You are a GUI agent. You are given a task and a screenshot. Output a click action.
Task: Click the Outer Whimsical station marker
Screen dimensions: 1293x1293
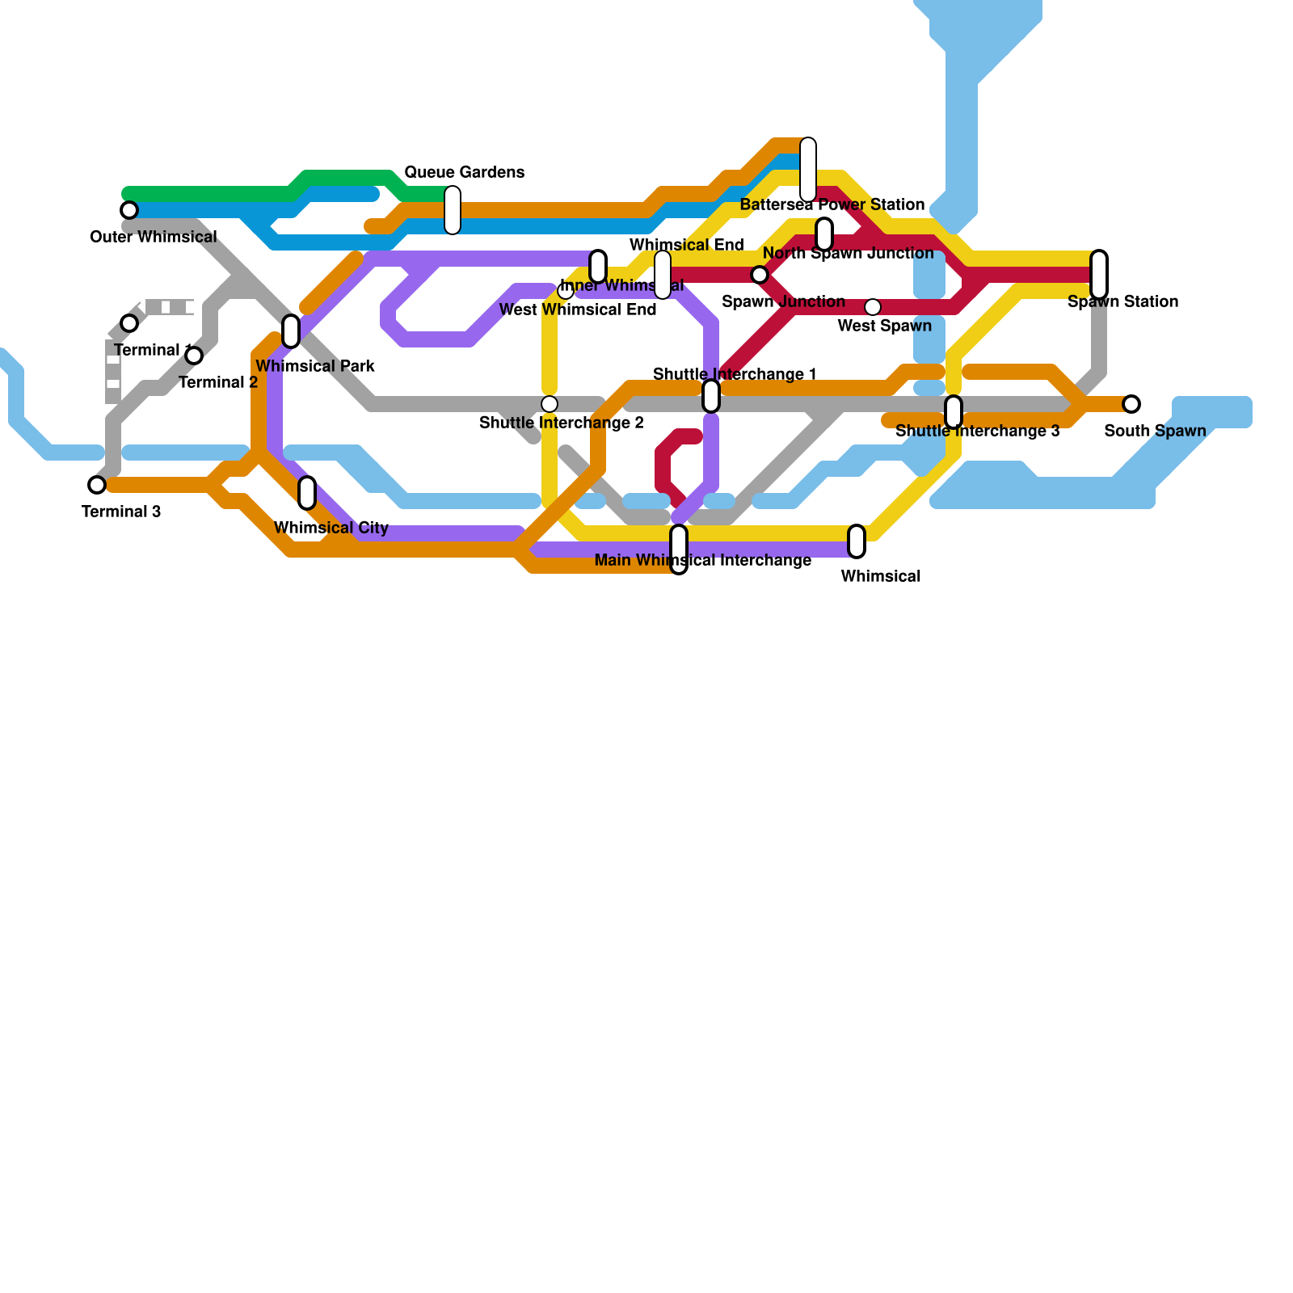tap(129, 210)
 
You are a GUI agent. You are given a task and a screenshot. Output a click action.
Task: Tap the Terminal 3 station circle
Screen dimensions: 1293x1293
tap(97, 485)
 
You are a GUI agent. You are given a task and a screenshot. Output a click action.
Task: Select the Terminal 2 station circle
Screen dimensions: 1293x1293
tap(194, 356)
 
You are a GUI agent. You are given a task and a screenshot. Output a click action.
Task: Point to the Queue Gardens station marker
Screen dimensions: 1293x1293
tap(453, 210)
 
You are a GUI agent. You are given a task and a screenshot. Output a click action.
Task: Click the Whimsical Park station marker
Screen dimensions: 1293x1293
tap(291, 331)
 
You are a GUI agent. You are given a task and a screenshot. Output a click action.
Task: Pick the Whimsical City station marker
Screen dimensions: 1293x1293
tap(307, 493)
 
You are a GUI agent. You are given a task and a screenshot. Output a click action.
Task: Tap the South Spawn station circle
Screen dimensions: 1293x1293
tap(1131, 404)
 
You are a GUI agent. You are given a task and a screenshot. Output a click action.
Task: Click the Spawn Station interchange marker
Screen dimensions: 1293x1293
tap(1099, 275)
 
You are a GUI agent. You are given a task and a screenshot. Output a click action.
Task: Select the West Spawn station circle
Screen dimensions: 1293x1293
tap(873, 307)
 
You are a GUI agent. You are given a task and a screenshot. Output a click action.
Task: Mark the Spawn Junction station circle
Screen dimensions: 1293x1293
tap(760, 275)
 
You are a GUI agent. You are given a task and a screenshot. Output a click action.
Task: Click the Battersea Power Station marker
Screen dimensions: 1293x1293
tap(808, 170)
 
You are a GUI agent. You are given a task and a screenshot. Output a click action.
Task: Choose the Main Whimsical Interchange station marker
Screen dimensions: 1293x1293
tap(679, 550)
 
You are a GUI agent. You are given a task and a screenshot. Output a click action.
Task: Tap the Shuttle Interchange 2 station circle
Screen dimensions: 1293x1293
tap(550, 404)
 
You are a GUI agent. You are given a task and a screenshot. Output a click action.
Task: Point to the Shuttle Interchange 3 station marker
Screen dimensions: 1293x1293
tap(954, 412)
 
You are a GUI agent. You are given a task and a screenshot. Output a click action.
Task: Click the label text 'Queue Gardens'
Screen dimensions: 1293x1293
tap(464, 172)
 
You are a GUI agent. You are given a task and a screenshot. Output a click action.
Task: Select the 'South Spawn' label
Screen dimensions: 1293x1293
tap(1155, 431)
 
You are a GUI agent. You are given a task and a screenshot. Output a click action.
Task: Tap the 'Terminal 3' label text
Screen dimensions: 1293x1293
tap(121, 512)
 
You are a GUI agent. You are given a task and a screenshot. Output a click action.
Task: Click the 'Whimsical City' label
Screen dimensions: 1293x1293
tap(331, 528)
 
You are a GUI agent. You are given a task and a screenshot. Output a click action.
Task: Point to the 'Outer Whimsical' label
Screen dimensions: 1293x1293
tap(154, 237)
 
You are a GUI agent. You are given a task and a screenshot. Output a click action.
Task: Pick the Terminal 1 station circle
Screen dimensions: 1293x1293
tap(129, 323)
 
